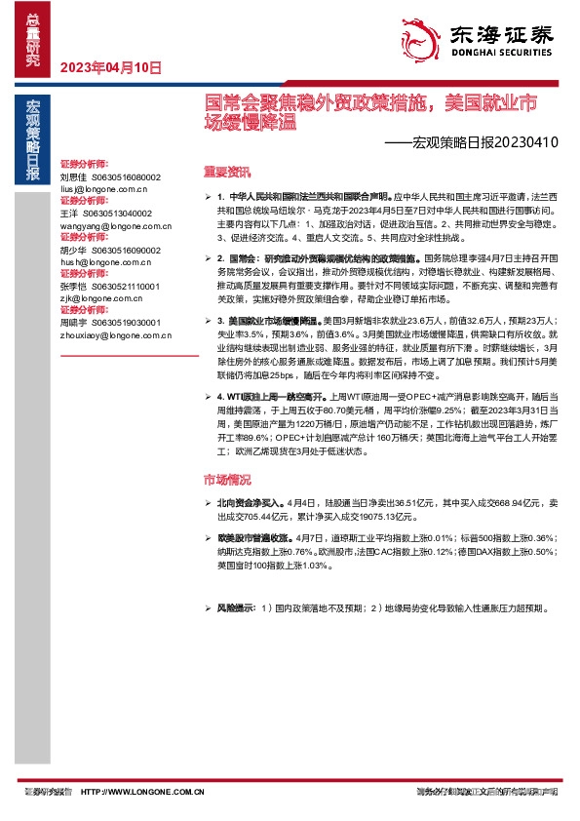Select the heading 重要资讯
click(x=226, y=172)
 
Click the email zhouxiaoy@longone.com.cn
click(x=115, y=335)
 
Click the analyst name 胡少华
click(x=73, y=250)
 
